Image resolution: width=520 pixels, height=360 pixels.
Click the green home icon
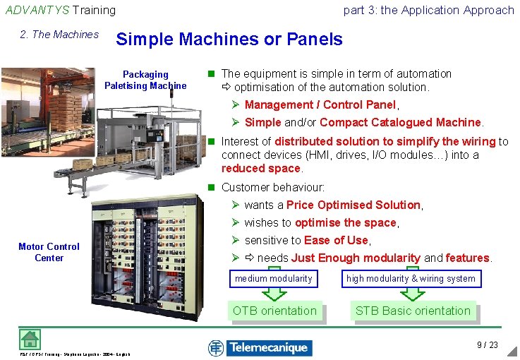point(28,340)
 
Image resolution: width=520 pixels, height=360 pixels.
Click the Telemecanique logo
point(260,347)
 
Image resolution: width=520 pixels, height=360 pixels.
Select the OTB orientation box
point(274,311)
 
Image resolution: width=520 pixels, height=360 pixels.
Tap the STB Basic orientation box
point(413,311)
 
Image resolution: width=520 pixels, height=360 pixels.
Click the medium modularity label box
point(274,279)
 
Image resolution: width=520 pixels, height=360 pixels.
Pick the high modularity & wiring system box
point(411,279)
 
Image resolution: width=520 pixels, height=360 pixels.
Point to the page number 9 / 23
point(488,345)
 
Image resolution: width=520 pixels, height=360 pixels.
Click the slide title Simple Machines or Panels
point(229,40)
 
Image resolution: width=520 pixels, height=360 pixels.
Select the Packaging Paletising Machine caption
point(145,80)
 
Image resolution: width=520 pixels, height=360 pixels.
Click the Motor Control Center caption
point(49,252)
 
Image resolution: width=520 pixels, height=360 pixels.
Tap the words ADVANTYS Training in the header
point(61,10)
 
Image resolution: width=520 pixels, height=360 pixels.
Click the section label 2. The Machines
point(59,35)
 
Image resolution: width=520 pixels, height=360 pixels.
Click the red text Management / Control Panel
point(320,104)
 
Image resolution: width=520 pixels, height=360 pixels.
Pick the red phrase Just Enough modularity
point(356,258)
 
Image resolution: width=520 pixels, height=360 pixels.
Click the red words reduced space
point(261,168)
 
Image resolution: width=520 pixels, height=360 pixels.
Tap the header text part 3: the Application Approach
point(428,10)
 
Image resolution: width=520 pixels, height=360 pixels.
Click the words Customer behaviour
point(272,187)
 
